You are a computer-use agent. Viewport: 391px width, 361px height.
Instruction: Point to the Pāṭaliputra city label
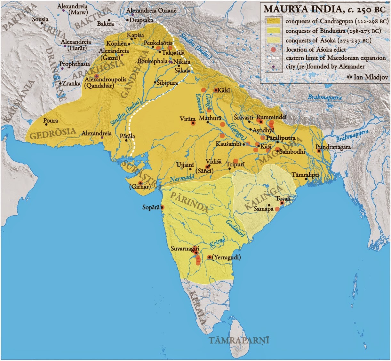281,138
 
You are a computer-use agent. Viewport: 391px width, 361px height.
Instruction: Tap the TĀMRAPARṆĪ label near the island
239,340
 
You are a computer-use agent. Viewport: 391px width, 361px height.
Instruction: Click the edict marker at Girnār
140,183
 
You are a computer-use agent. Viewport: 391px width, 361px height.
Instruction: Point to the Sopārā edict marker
162,207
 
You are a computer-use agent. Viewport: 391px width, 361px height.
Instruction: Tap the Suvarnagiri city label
185,248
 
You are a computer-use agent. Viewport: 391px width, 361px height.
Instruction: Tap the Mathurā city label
210,118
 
